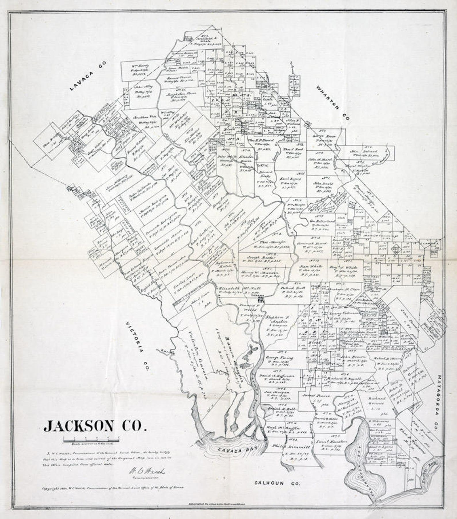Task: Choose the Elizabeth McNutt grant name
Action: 235,288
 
